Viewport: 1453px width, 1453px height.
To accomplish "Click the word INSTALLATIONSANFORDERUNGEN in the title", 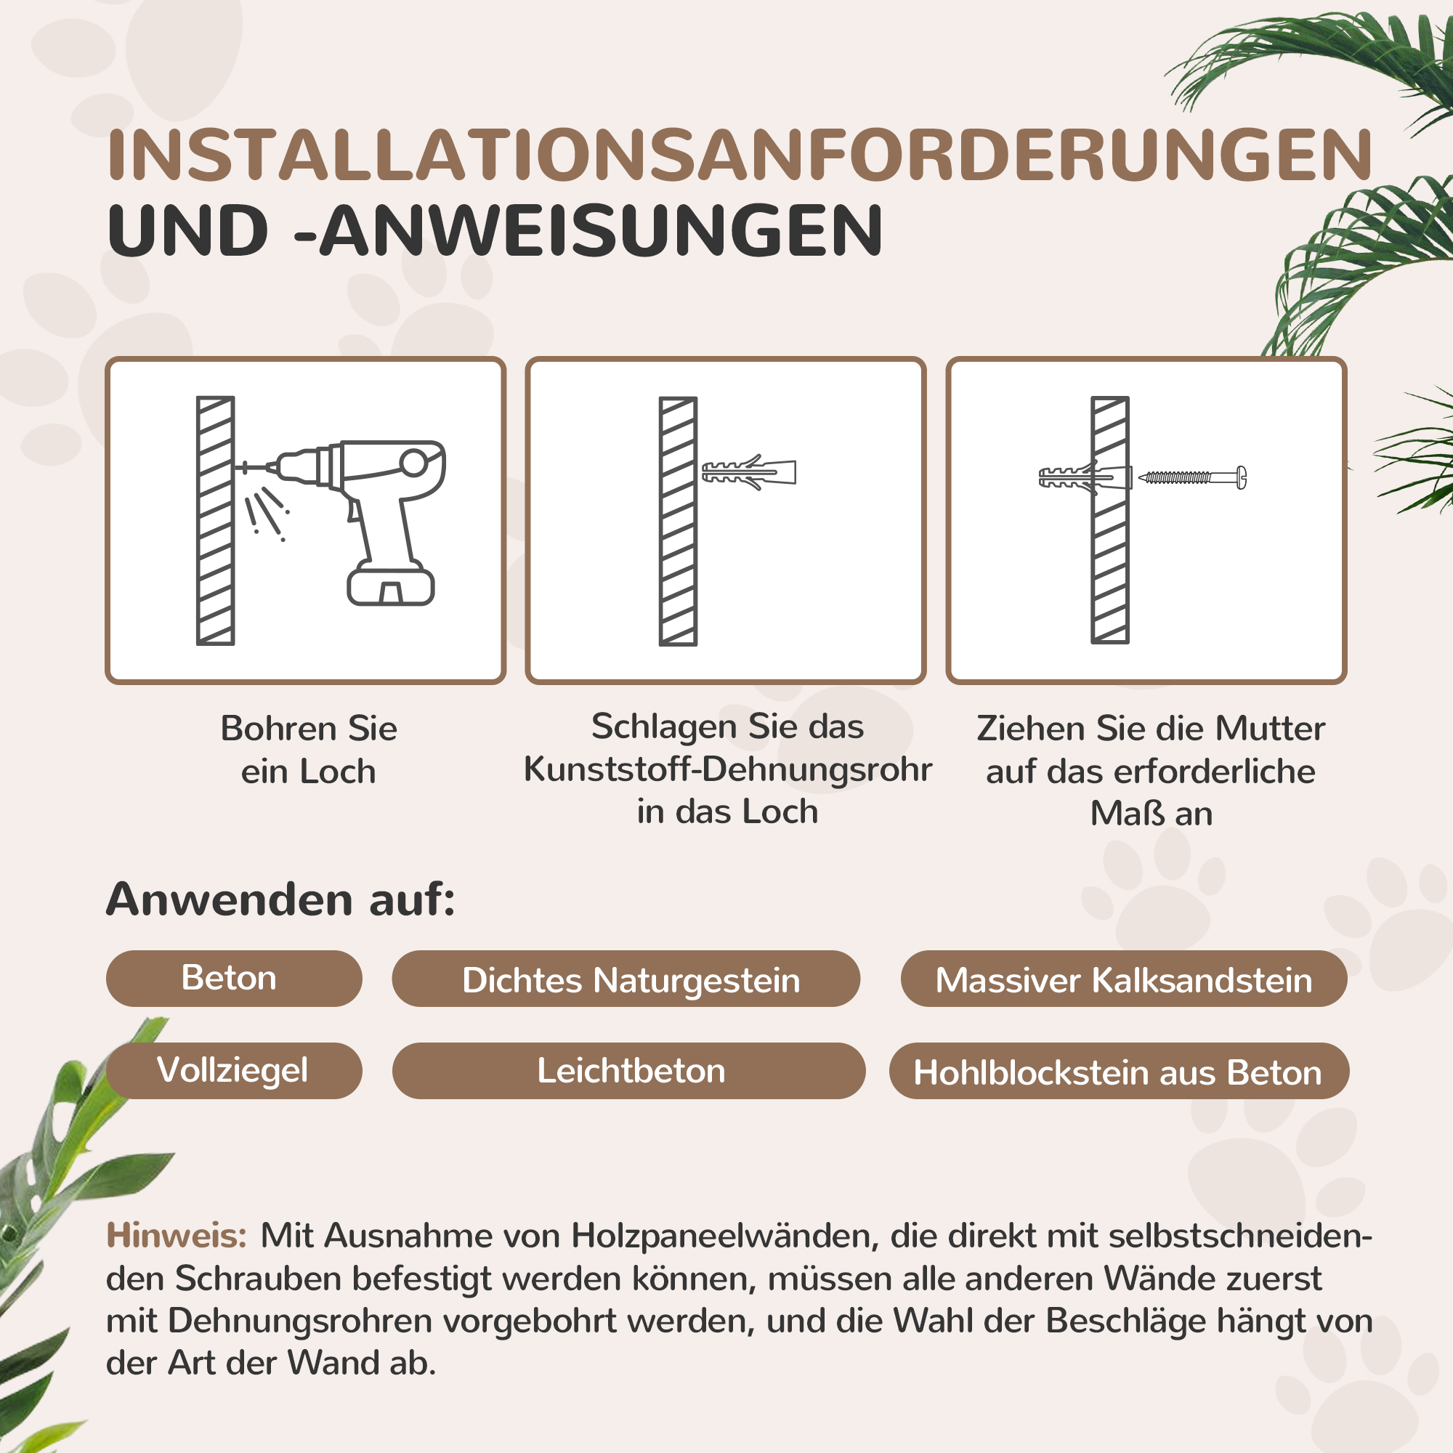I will pos(740,155).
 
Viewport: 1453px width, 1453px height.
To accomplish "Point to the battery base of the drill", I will pos(390,587).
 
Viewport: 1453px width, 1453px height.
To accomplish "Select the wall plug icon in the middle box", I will pos(748,472).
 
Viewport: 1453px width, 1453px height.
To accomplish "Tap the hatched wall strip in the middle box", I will pos(678,520).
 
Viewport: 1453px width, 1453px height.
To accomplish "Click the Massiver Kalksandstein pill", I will pos(1123,980).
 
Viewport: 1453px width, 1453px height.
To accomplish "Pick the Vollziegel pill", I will pos(232,1070).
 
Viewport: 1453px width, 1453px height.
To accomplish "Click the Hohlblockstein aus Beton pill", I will pos(1117,1072).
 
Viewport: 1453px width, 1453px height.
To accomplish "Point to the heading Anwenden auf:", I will pos(280,899).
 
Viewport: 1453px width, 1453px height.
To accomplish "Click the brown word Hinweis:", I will pos(177,1236).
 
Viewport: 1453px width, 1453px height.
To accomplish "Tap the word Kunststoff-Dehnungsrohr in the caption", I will pos(726,769).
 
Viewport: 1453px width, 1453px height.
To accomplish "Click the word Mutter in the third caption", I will pos(1269,728).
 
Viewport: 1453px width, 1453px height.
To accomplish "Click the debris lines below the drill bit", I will pos(265,511).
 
